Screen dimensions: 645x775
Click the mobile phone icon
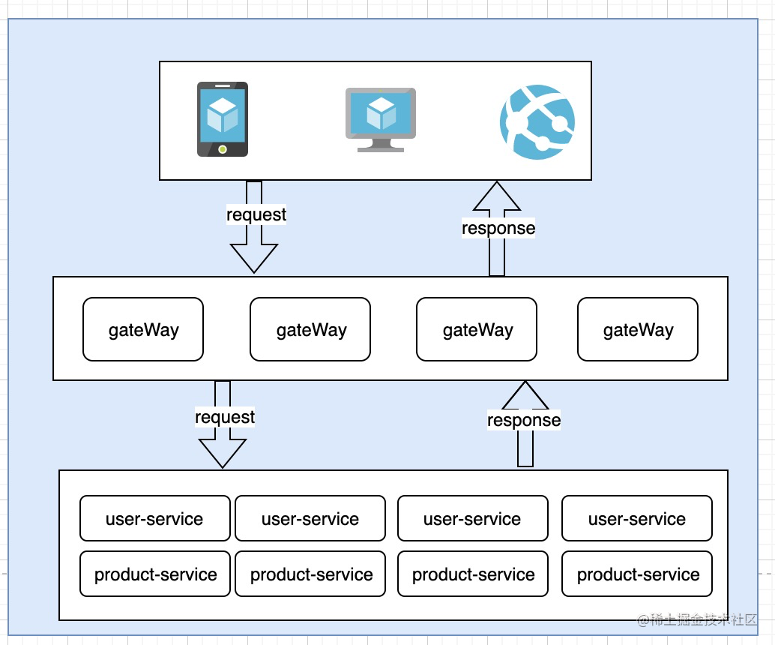tap(223, 119)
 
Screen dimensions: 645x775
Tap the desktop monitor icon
tap(381, 118)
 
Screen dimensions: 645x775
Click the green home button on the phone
tap(223, 148)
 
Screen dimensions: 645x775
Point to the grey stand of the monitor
tap(381, 145)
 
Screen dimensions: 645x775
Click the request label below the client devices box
tap(256, 214)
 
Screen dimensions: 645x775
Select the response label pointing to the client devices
tap(498, 228)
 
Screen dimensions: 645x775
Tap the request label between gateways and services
tap(225, 417)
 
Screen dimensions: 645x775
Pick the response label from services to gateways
tap(524, 420)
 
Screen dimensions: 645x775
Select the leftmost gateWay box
tap(143, 329)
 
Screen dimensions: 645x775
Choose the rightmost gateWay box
tap(638, 329)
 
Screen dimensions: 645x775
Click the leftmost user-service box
tap(155, 518)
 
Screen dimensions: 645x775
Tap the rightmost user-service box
tap(636, 518)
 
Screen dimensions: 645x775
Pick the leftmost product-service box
tap(155, 574)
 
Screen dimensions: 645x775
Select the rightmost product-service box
tap(636, 574)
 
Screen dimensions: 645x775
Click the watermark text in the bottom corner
tap(697, 620)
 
